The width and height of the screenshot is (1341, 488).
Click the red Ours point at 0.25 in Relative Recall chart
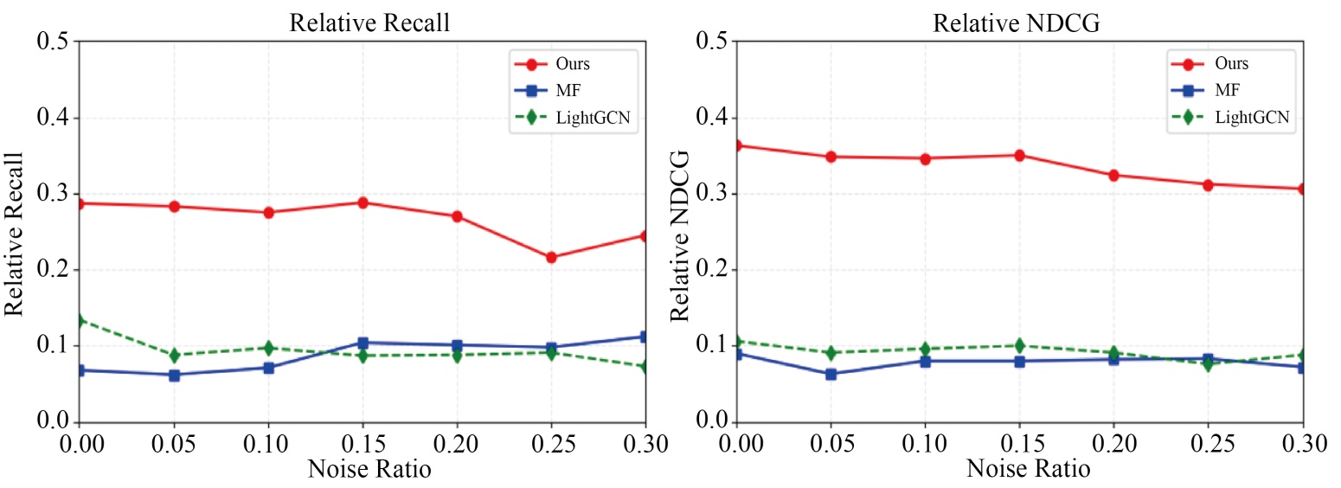[x=551, y=257]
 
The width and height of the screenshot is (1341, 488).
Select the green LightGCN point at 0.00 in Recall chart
[x=80, y=320]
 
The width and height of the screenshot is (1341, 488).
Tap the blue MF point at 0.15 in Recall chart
[x=363, y=343]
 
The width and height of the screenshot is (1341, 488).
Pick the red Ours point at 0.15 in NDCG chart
[x=1020, y=156]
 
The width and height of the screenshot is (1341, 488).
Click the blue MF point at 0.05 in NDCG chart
[x=831, y=374]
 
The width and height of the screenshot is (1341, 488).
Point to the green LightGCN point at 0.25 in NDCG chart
[x=1209, y=363]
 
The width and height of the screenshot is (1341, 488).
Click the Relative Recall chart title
[x=369, y=23]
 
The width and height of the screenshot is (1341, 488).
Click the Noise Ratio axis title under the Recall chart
[x=369, y=470]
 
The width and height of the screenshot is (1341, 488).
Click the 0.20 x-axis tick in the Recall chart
[x=457, y=445]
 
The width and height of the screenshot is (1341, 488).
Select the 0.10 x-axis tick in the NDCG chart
[x=925, y=445]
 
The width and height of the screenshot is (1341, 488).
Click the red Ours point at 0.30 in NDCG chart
[x=1303, y=189]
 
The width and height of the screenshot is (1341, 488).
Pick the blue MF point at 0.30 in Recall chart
[x=645, y=337]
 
